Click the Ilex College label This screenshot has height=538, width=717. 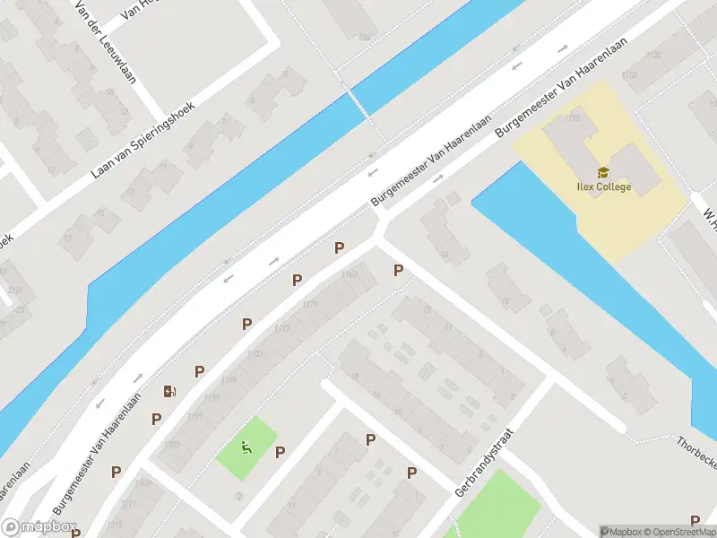[603, 187]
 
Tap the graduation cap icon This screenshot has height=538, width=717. [603, 172]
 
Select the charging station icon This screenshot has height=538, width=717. [168, 390]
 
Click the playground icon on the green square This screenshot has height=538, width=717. [246, 446]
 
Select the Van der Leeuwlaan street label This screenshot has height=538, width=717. [106, 41]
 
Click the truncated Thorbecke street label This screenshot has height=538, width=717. [696, 445]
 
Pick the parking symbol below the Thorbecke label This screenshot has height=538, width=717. [695, 520]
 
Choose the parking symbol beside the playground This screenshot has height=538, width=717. [280, 452]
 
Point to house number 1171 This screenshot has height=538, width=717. [310, 305]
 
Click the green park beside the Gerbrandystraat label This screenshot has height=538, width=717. [498, 507]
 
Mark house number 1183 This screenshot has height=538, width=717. [255, 353]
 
